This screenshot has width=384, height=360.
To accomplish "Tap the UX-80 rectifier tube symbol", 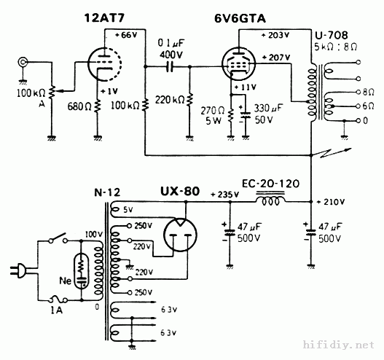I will (179, 235).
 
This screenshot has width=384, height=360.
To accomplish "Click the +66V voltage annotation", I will (123, 35).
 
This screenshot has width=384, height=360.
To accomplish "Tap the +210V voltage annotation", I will (332, 201).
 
